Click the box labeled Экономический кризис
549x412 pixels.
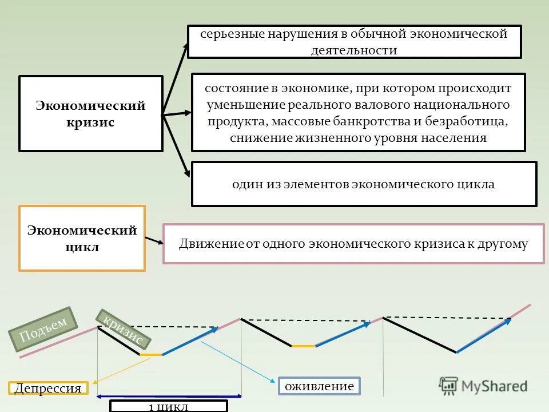[91, 114]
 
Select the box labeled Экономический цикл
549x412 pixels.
[82, 238]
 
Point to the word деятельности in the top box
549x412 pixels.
[354, 50]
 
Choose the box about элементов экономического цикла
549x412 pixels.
[364, 184]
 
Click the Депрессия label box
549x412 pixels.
[49, 389]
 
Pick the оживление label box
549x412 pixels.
[320, 386]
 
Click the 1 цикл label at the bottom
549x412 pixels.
[168, 407]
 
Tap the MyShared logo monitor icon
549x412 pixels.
[448, 385]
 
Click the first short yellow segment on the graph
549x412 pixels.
[151, 355]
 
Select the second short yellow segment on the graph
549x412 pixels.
[303, 346]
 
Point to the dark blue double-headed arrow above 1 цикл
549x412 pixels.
[169, 396]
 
